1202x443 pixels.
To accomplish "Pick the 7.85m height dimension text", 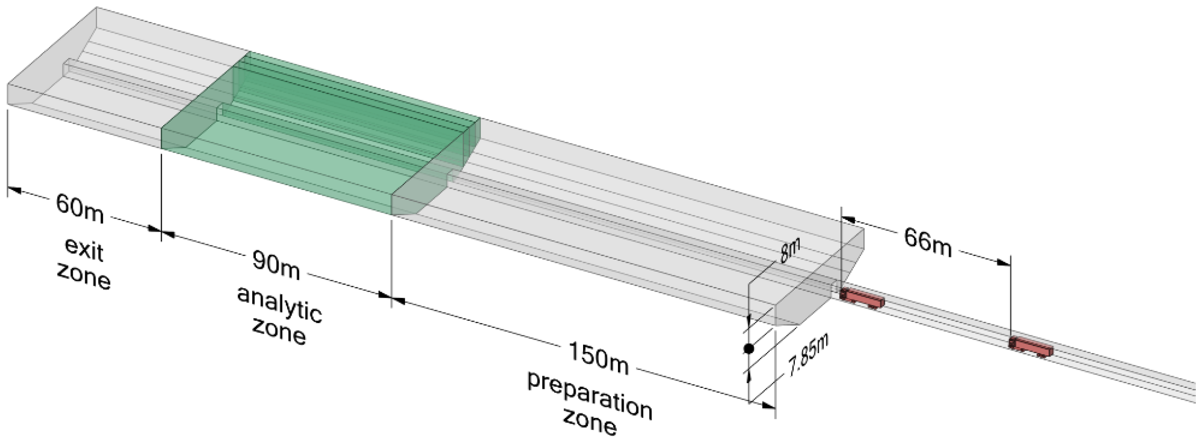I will pos(808,355).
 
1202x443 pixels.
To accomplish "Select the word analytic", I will pos(280,305).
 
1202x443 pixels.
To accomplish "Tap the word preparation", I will pos(590,395).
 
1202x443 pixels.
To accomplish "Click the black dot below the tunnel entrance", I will pos(749,348).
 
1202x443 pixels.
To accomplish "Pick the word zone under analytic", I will pos(279,332).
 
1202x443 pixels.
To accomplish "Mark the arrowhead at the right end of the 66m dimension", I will pos(1004,263).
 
